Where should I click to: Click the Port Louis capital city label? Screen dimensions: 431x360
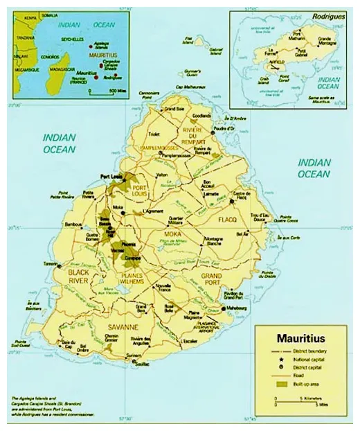110,176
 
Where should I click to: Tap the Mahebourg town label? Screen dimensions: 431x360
236,301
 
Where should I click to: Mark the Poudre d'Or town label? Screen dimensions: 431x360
222,130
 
